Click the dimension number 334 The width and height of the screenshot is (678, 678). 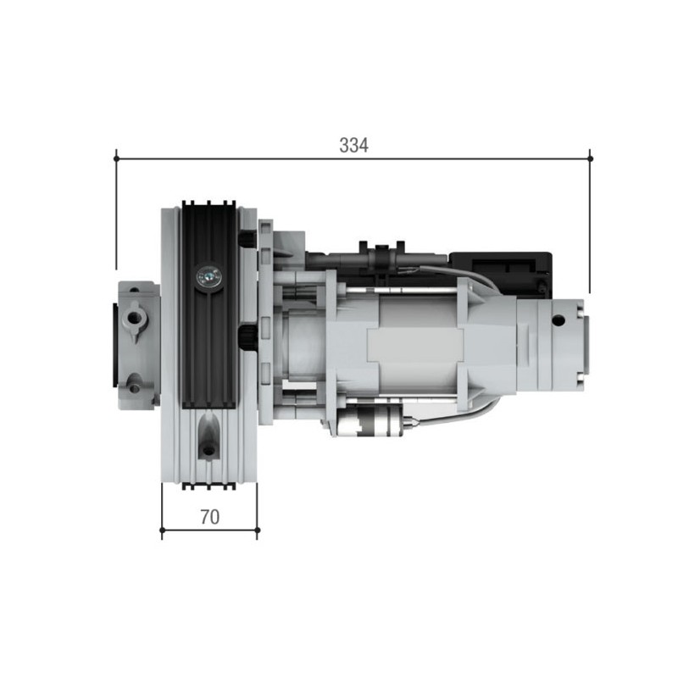(353, 145)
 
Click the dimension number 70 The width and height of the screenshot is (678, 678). (209, 517)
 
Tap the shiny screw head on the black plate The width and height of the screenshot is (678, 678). (208, 275)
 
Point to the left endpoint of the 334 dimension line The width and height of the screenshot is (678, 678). (116, 158)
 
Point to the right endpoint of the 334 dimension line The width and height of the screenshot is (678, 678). (590, 158)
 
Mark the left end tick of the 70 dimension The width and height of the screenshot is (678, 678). (162, 531)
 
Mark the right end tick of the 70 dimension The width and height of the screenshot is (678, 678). (258, 531)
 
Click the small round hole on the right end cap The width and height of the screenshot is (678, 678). (558, 321)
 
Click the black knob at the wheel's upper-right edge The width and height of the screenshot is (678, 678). (247, 241)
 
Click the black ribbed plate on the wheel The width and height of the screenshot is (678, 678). (208, 339)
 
